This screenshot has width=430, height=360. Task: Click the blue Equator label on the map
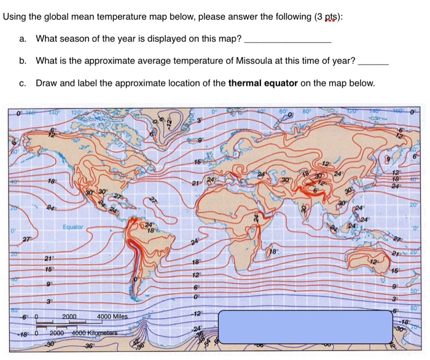(x=72, y=227)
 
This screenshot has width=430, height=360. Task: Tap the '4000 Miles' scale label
(x=112, y=317)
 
